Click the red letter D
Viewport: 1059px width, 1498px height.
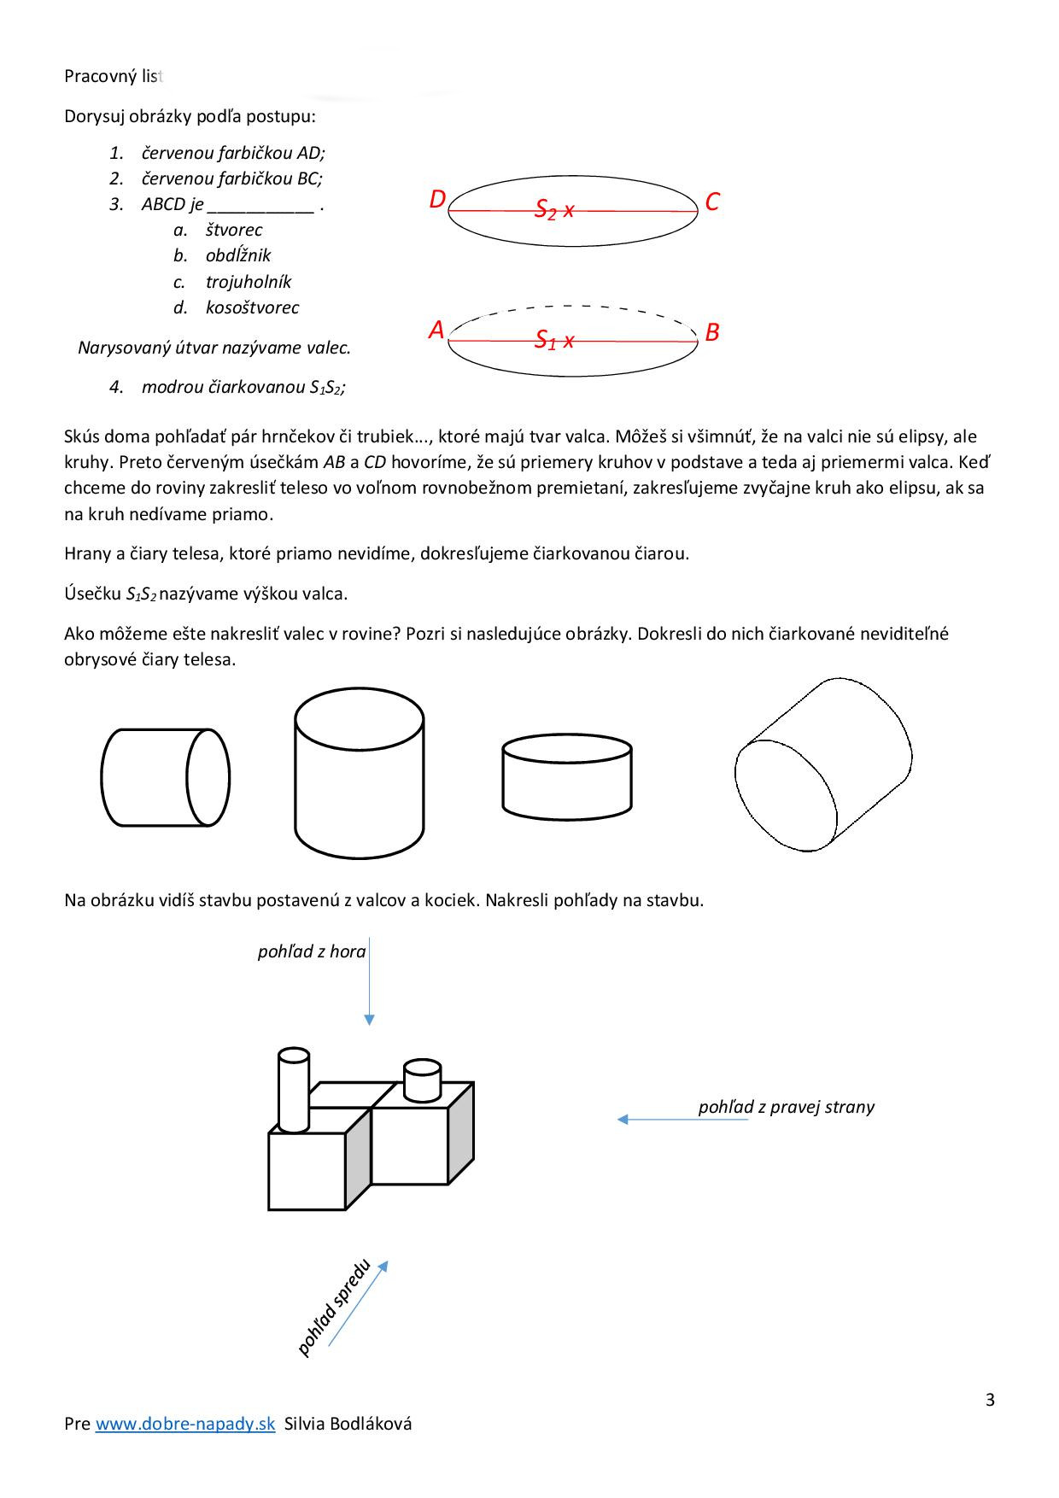click(x=437, y=200)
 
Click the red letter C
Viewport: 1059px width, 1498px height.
click(x=712, y=202)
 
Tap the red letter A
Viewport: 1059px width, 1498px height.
click(x=436, y=330)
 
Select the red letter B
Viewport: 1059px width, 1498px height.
click(x=712, y=332)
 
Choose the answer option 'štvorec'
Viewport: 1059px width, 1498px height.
click(x=233, y=230)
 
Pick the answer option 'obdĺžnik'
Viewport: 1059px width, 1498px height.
click(x=237, y=255)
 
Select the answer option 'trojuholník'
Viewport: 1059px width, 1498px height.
click(x=248, y=282)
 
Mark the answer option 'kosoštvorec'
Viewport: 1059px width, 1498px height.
click(x=252, y=307)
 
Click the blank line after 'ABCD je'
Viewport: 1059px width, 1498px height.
click(x=260, y=207)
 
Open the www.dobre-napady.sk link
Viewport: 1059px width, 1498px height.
click(x=185, y=1424)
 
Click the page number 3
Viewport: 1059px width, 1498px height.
click(x=990, y=1400)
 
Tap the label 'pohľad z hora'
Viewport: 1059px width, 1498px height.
click(x=312, y=951)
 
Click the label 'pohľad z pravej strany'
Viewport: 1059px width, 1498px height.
click(x=786, y=1107)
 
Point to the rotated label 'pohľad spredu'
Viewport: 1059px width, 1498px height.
click(x=334, y=1308)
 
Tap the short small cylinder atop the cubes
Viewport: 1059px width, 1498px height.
click(x=422, y=1080)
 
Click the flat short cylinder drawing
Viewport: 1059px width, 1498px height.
click(x=567, y=777)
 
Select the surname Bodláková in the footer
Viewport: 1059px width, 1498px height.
click(x=372, y=1424)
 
